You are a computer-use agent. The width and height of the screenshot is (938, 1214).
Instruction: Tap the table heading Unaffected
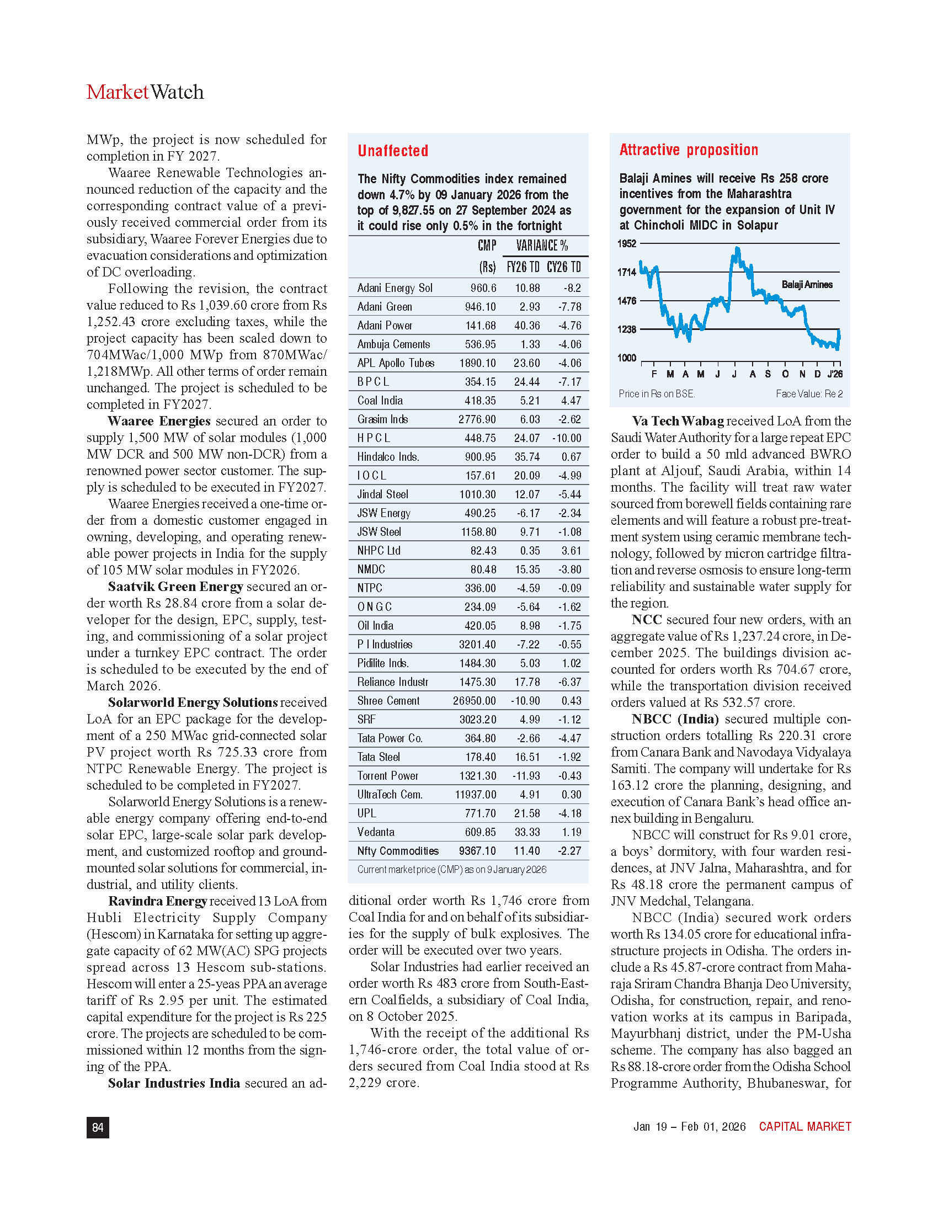(x=392, y=151)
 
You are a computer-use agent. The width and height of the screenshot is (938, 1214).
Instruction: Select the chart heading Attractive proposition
(x=689, y=150)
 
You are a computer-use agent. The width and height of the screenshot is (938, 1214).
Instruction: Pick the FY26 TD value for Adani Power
(x=527, y=325)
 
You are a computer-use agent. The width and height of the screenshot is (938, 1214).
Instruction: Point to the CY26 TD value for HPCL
(x=567, y=438)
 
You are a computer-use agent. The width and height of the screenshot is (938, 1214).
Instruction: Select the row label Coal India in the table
(x=380, y=400)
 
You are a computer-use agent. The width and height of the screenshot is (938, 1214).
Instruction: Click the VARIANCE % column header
(x=542, y=246)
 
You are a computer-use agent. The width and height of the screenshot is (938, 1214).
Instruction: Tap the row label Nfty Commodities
(x=398, y=850)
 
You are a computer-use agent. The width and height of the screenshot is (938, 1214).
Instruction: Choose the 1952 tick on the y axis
(x=627, y=243)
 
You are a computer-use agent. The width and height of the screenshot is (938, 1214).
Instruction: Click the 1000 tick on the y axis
(x=627, y=358)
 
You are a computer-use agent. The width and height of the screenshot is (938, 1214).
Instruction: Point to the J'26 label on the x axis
(x=835, y=374)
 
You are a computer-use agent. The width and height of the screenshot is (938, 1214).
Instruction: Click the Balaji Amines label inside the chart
(x=807, y=285)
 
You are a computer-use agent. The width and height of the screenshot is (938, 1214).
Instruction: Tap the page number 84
(x=98, y=1127)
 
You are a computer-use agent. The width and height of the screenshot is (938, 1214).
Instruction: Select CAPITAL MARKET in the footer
(x=804, y=1126)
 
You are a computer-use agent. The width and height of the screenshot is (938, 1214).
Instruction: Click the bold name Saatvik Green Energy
(x=175, y=587)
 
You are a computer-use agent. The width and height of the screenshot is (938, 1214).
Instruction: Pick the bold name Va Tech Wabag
(x=678, y=421)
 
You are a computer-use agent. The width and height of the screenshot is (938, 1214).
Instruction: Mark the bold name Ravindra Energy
(x=158, y=901)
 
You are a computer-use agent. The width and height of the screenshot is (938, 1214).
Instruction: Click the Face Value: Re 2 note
(x=809, y=393)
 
